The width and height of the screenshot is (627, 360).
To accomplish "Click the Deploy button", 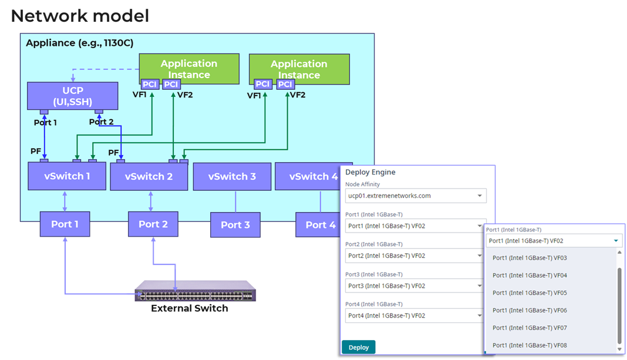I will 358,347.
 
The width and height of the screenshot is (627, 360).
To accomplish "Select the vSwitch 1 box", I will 67,176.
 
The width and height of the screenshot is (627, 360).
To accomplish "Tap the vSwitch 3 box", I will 232,176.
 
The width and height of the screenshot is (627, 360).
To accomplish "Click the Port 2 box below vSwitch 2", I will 153,224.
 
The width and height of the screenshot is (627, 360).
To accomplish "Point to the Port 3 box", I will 235,225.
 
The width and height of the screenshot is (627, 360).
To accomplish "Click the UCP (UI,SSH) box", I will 73,96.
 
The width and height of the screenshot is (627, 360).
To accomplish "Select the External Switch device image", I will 195,291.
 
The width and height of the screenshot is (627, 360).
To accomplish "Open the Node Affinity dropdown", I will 416,196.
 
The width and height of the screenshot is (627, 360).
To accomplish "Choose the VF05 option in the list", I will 530,292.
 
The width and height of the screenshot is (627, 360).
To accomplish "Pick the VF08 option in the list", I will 530,345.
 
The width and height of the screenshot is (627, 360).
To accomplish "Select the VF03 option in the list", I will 530,258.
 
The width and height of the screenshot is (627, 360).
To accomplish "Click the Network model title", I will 80,16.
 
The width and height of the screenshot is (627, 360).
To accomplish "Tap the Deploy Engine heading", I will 370,172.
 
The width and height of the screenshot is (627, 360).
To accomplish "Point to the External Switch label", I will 189,308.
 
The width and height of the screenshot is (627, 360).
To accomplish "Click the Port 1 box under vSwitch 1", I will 65,224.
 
